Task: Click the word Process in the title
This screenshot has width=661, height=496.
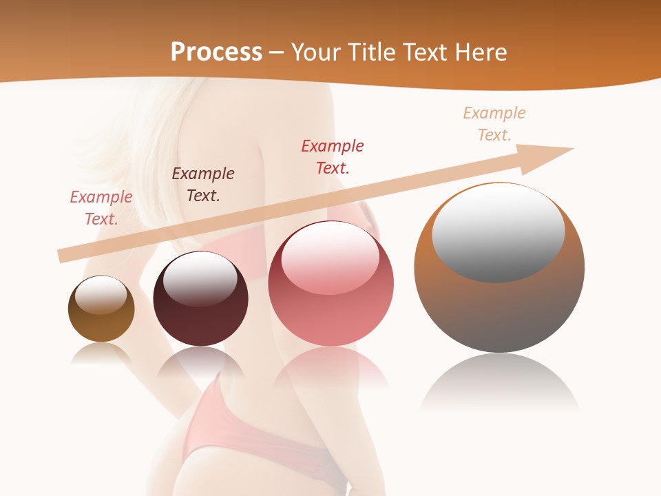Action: click(216, 52)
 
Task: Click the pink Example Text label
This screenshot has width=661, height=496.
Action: click(101, 208)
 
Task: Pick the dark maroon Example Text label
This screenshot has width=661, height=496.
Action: click(203, 185)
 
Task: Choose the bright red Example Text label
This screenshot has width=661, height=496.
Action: click(333, 157)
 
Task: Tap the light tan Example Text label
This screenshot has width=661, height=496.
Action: click(494, 124)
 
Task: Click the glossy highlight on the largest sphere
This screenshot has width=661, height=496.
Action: click(498, 231)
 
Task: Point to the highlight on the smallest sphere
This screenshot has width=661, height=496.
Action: click(101, 295)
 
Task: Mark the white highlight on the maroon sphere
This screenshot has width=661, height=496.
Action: click(200, 279)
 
